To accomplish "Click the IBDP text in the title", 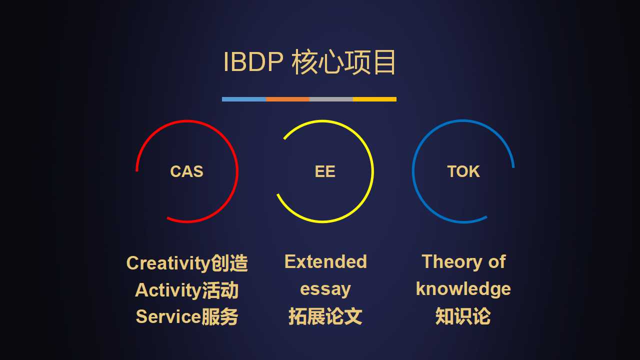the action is [253, 61].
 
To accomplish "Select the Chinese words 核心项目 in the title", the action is [344, 62].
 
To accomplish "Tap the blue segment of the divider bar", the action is [244, 99].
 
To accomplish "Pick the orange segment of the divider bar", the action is [287, 99].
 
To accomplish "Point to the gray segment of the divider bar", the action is [331, 99].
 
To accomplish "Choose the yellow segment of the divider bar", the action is [374, 99].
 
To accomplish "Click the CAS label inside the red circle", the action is [186, 171].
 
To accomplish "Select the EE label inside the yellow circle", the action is [325, 171].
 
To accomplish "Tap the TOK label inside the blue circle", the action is [463, 171].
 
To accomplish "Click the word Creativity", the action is [168, 263].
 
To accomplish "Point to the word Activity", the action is [168, 290].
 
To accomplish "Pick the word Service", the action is [168, 316].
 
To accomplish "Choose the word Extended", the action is [325, 261].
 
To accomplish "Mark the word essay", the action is [325, 289].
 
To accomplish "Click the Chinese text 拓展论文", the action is [325, 316].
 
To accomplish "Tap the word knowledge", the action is [463, 289].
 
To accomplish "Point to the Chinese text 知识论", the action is [463, 316].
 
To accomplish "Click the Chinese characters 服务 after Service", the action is [219, 316].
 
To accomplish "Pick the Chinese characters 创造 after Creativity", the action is [229, 263].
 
